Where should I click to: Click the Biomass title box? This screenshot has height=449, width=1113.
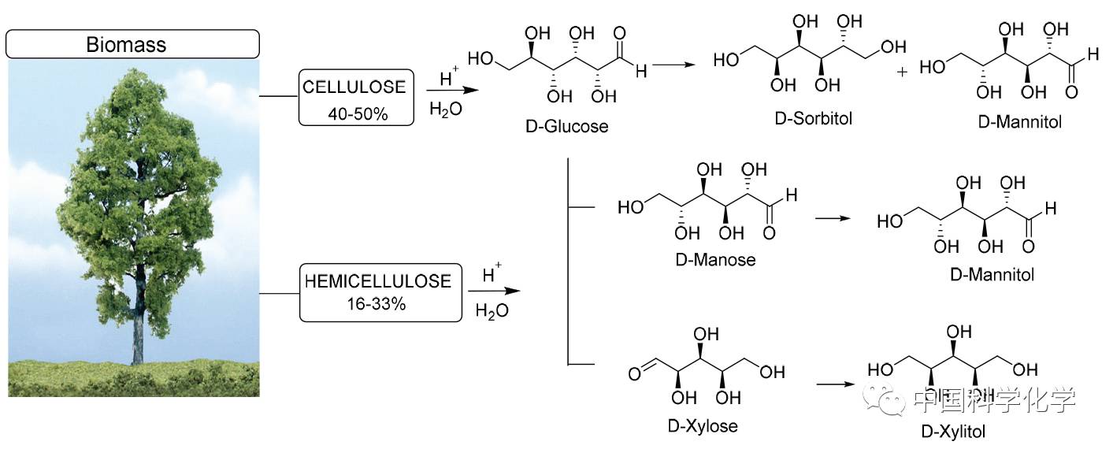(x=132, y=43)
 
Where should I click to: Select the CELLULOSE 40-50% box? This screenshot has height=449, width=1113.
(x=356, y=97)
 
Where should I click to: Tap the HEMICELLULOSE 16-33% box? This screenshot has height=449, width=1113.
(x=380, y=291)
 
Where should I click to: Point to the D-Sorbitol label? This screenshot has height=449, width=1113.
(x=814, y=118)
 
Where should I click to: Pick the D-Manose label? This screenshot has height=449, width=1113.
(x=715, y=259)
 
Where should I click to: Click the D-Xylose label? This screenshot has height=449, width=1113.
(x=703, y=426)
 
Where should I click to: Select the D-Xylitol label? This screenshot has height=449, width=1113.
(x=952, y=431)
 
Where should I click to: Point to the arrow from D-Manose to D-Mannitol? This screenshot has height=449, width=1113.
(x=837, y=217)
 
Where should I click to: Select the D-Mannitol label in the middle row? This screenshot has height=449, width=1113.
(x=992, y=275)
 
